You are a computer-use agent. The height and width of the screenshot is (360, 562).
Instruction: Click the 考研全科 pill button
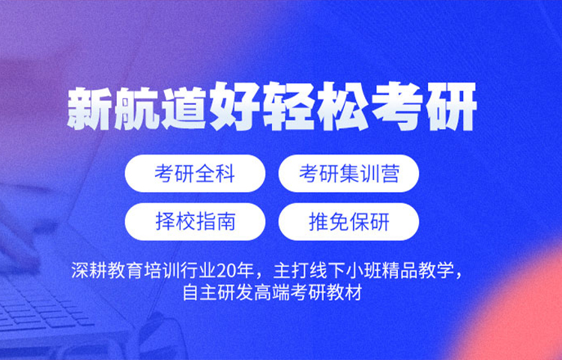click(195, 174)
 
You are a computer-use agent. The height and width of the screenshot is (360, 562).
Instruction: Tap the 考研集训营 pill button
click(348, 174)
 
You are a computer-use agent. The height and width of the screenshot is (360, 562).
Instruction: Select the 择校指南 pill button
click(195, 221)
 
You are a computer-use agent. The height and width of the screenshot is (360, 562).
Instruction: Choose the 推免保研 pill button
click(348, 221)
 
